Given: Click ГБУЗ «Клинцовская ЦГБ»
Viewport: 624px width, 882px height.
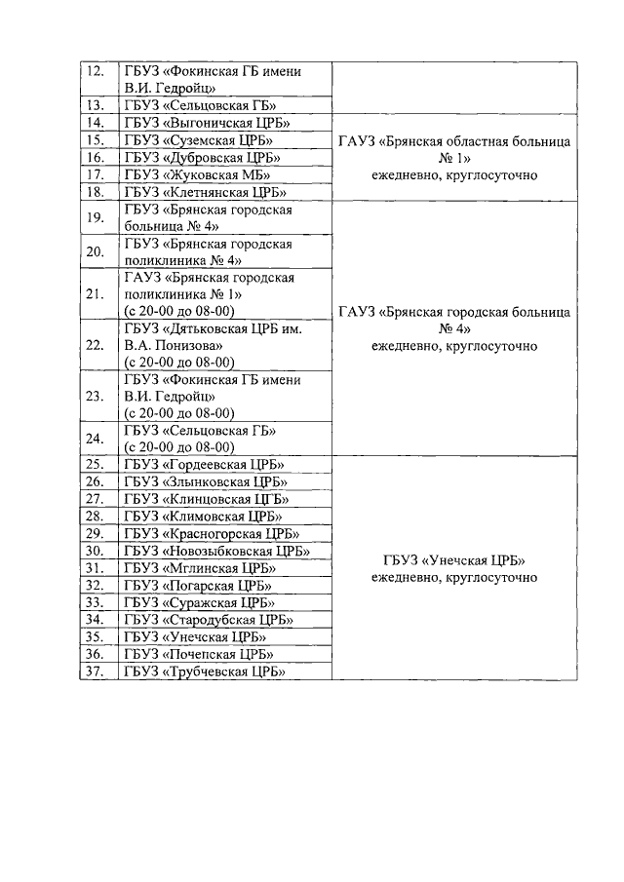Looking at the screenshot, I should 206,499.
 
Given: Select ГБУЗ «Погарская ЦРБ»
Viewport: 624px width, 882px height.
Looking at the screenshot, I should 198,586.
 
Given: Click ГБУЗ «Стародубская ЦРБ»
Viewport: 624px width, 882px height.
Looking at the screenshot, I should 209,620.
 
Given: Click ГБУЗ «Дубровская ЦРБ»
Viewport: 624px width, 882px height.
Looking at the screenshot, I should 202,158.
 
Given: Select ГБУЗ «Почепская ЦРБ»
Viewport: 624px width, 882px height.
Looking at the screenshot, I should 198,654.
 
